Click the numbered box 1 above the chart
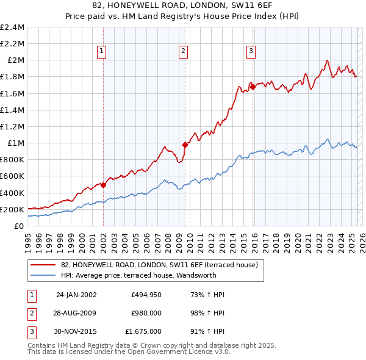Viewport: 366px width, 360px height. (x=101, y=52)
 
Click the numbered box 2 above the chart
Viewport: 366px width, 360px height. (x=183, y=52)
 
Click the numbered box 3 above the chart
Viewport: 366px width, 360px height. (x=251, y=52)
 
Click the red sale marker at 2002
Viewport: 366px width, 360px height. (x=104, y=185)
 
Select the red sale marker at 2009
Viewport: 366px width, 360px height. (x=185, y=145)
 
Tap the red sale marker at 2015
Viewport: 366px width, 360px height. (x=253, y=87)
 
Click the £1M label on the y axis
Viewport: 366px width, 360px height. (x=15, y=143)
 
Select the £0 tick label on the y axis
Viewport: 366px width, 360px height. (x=19, y=226)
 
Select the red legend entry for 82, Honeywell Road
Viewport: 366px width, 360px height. (x=160, y=265)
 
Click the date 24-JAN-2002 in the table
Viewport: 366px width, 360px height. (x=76, y=295)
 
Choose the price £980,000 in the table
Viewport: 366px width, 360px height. (x=146, y=313)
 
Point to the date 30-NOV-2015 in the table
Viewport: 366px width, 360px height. (x=76, y=331)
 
